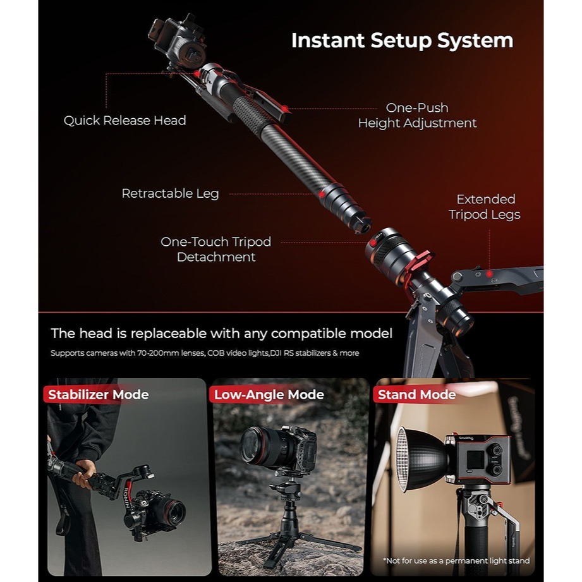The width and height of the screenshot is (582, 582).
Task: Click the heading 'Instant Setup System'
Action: [x=402, y=40]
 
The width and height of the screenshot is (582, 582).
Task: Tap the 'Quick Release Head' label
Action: [x=124, y=120]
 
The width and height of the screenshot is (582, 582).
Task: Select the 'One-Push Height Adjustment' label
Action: [x=417, y=115]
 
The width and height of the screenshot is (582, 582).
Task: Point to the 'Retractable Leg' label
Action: [x=171, y=193]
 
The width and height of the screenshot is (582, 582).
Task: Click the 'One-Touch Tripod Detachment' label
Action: [x=216, y=249]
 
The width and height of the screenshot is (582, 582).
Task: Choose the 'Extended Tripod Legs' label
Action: [x=485, y=207]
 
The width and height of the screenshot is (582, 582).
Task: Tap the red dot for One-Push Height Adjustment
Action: [x=285, y=109]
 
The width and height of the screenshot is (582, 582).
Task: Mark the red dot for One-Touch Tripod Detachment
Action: [x=373, y=243]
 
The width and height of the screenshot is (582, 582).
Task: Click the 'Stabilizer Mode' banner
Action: [x=97, y=394]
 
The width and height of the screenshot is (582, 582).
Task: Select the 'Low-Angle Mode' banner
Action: [x=268, y=394]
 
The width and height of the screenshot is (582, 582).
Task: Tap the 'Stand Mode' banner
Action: [x=416, y=394]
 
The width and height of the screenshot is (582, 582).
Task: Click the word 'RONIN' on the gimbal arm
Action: [x=126, y=497]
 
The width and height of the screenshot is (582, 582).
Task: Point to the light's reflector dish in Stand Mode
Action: [x=421, y=459]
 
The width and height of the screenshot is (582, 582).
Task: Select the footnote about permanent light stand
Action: [x=456, y=561]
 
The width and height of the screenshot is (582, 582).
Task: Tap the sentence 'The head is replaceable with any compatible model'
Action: [x=221, y=333]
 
